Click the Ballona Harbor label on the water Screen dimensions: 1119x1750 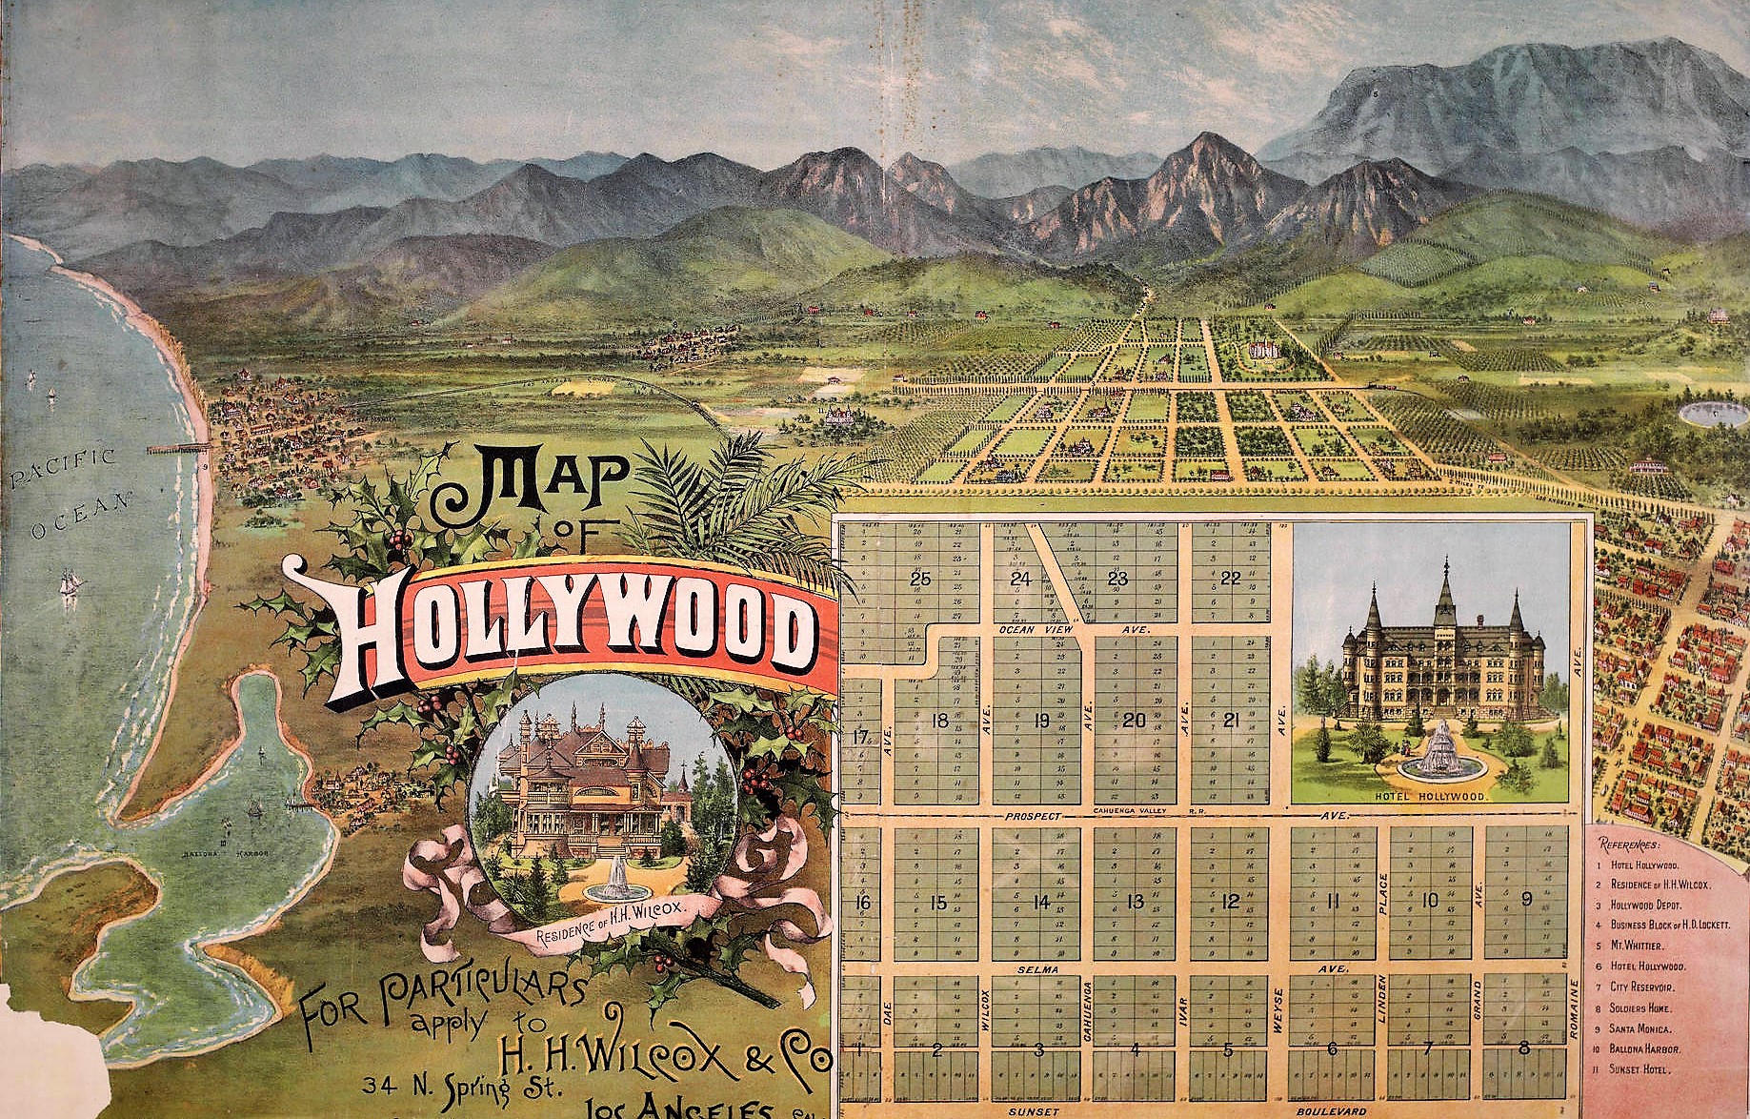click(x=225, y=852)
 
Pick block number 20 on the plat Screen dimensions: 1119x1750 click(x=1134, y=721)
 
